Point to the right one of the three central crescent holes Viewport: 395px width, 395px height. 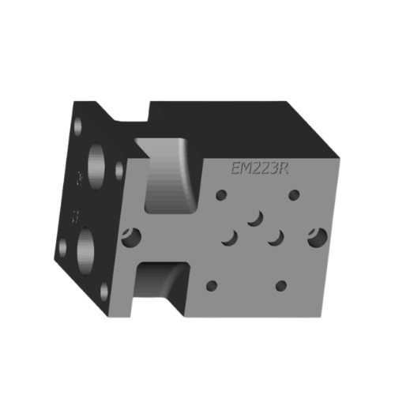point(276,236)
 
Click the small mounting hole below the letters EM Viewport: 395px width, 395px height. point(220,192)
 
